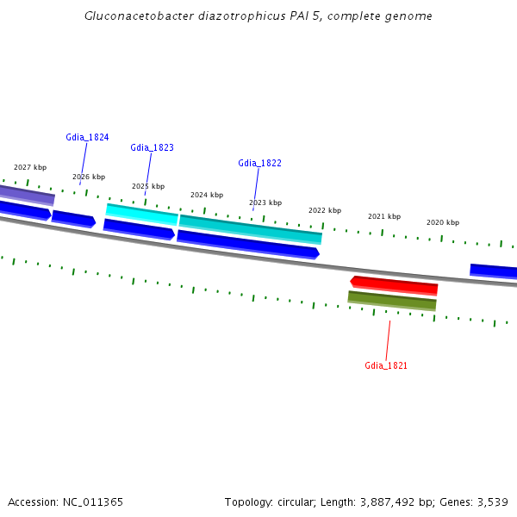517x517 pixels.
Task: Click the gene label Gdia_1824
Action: [87, 137]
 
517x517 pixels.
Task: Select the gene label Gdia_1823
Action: [152, 147]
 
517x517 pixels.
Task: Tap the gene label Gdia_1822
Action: [259, 163]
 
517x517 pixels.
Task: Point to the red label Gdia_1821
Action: [386, 365]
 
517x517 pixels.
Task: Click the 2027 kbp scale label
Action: [30, 167]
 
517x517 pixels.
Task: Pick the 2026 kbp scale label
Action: [89, 177]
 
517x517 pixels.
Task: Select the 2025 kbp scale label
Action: [148, 186]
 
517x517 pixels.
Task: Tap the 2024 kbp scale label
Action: [207, 195]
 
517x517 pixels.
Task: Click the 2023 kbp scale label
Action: [265, 202]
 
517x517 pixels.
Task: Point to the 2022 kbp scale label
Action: [325, 210]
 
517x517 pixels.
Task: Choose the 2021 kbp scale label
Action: [384, 216]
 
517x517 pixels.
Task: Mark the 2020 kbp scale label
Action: [443, 222]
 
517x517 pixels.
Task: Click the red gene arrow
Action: [394, 285]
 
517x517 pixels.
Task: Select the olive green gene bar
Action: [392, 300]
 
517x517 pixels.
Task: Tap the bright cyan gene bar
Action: [141, 213]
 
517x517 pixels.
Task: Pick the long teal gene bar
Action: [250, 228]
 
